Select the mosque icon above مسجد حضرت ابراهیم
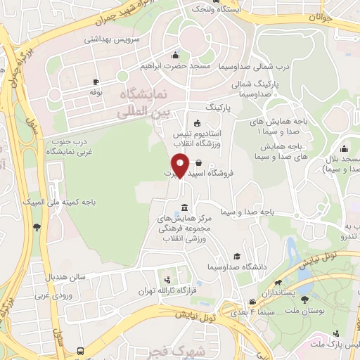click(175, 56)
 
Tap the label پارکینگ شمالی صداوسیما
click(257, 88)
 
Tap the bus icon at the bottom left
click(81, 349)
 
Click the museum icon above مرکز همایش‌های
click(184, 207)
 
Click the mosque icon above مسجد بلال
click(344, 149)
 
